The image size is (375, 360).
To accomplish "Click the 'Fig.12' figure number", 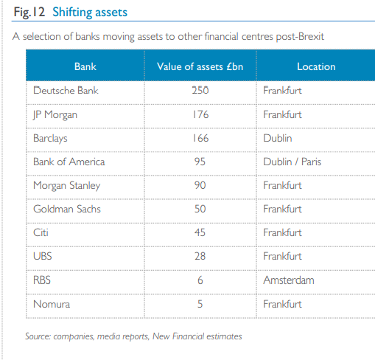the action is (x=29, y=13).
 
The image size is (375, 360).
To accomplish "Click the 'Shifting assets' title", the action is (x=90, y=13).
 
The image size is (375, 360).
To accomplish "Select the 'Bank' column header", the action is (x=85, y=66).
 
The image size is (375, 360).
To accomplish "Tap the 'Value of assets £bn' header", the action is (x=200, y=66).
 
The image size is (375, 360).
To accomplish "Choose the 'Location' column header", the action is (x=316, y=66).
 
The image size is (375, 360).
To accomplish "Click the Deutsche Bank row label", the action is (x=66, y=90).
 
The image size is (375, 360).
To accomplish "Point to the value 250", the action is (x=200, y=90).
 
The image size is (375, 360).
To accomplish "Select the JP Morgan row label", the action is (x=55, y=115).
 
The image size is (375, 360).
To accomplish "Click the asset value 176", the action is (x=200, y=114).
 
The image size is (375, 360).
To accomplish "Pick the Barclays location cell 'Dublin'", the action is (x=278, y=138).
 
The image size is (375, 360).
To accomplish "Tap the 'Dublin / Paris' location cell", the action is (x=292, y=162).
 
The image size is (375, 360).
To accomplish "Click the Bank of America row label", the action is (x=69, y=162).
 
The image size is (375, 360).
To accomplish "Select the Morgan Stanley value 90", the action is (x=200, y=185).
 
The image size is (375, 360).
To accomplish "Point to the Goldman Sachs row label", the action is (x=67, y=209).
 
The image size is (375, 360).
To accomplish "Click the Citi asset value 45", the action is (x=200, y=232).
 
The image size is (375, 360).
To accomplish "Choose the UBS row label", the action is (x=43, y=256).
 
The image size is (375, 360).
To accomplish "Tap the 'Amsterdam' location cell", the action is (x=289, y=280).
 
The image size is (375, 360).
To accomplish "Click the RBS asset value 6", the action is (x=200, y=280).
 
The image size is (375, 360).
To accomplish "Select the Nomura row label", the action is (x=52, y=304).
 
